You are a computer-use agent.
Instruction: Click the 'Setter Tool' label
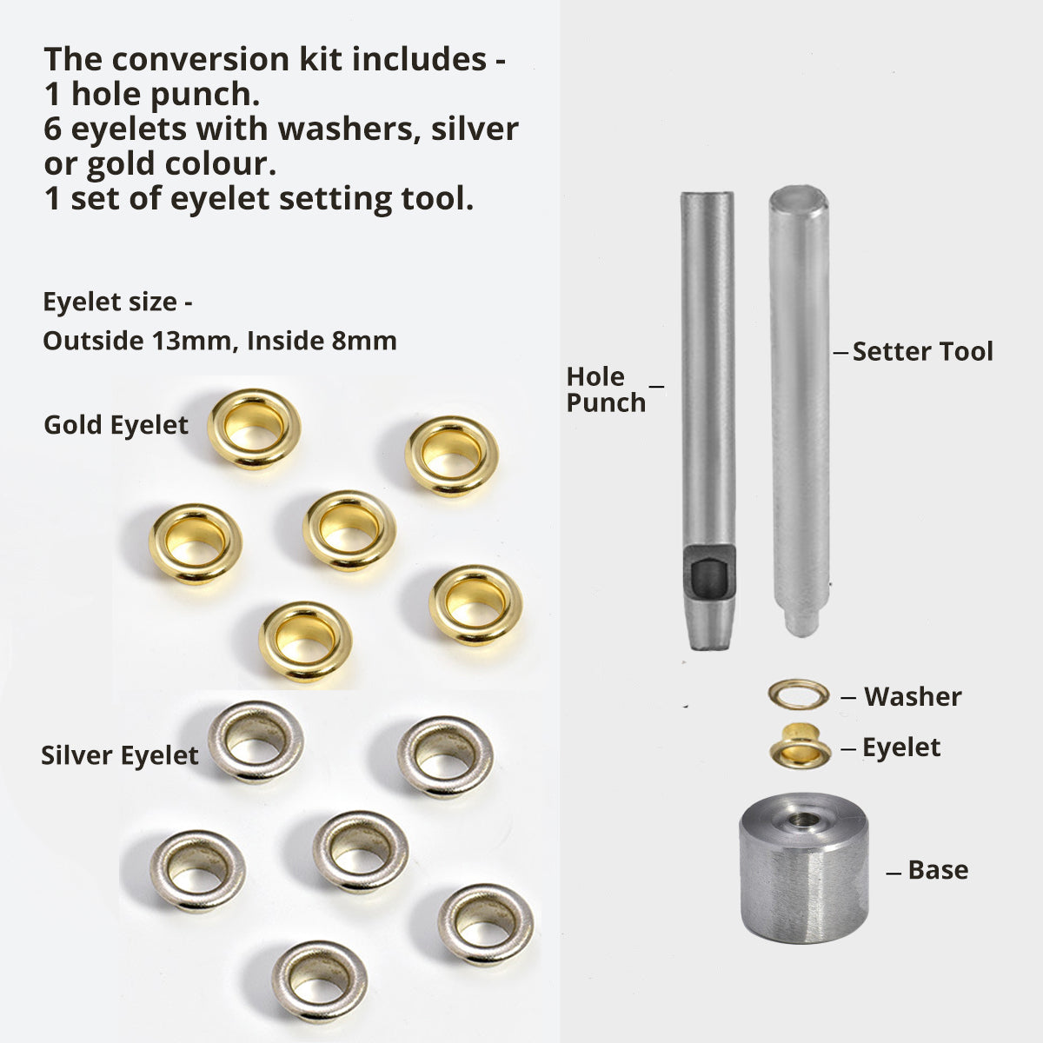922,352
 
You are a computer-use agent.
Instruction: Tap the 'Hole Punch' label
606,389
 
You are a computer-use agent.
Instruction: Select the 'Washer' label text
913,696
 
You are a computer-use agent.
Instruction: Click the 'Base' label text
938,870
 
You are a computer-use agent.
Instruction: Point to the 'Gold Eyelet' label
116,425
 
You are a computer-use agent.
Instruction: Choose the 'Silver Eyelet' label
120,755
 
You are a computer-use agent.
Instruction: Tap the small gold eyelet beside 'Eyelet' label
800,747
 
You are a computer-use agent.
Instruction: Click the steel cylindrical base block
804,880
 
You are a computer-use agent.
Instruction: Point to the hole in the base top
802,820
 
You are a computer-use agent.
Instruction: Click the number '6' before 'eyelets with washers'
52,130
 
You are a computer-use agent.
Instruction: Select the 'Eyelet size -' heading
117,302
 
